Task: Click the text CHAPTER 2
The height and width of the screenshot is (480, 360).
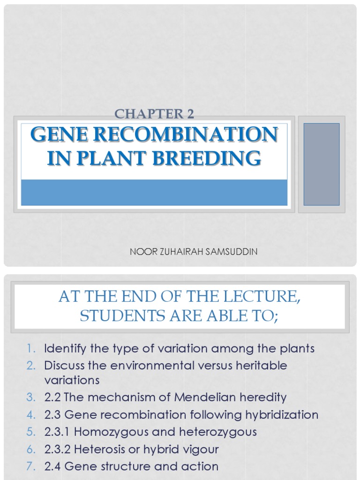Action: [x=154, y=113]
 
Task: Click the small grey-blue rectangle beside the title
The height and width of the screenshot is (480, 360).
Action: [x=322, y=164]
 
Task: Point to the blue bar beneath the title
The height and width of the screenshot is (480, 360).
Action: [x=154, y=192]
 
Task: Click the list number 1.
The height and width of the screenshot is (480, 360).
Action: [x=31, y=349]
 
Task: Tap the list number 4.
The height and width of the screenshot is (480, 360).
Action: [x=31, y=415]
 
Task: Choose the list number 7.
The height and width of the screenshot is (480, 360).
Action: [x=31, y=466]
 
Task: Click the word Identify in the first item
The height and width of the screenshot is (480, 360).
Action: [x=63, y=349]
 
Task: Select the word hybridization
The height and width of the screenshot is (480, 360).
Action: [x=279, y=415]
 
